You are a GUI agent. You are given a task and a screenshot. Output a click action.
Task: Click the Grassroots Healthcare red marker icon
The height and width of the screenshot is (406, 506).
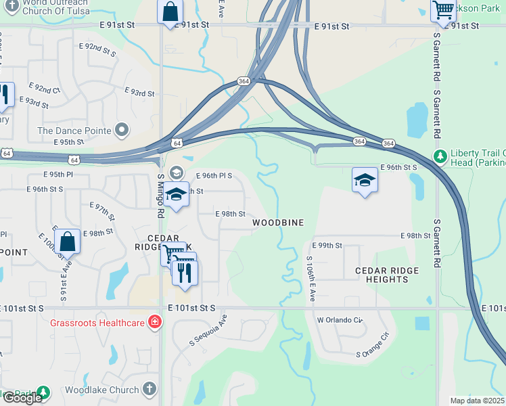click(x=155, y=322)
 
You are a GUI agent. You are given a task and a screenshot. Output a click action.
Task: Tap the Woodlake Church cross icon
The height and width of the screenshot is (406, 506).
click(x=149, y=390)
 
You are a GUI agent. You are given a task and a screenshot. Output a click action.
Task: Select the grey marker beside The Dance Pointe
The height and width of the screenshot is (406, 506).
click(x=122, y=129)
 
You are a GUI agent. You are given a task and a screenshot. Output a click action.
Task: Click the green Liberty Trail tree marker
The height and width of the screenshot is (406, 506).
click(x=440, y=156)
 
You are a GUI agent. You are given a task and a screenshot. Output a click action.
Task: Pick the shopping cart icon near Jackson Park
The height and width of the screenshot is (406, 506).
click(x=443, y=10)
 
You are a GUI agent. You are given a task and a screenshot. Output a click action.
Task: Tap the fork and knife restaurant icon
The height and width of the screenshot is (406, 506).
click(x=184, y=271)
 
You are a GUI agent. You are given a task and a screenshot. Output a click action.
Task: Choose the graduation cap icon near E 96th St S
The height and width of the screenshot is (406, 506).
click(x=365, y=181)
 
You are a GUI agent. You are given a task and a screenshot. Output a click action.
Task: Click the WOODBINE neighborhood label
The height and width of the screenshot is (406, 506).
click(x=278, y=223)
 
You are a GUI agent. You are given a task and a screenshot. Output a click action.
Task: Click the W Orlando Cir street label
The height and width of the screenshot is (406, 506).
click(x=340, y=319)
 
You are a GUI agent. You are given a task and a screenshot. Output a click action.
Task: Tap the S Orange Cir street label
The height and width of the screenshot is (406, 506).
click(x=373, y=345)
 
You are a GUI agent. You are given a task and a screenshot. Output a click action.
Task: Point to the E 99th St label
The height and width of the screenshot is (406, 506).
click(x=327, y=245)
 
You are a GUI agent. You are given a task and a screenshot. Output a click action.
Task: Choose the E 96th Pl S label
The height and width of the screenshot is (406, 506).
click(x=214, y=175)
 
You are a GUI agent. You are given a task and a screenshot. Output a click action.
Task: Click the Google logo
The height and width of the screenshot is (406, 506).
click(x=22, y=398)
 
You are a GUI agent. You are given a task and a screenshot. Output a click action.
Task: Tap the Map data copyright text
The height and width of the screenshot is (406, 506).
click(x=476, y=401)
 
